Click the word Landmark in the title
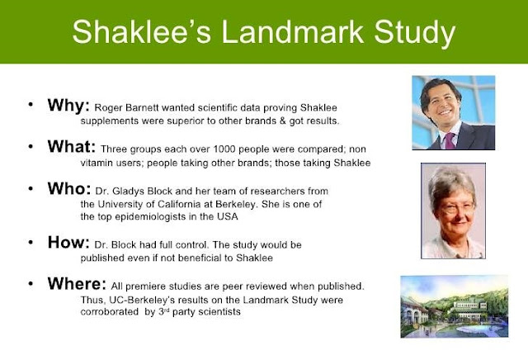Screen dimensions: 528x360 tap(293, 31)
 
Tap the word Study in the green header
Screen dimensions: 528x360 tap(414, 34)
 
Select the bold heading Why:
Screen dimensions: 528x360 tap(68, 106)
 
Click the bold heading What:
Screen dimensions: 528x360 tap(72, 147)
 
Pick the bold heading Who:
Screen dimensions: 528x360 tap(69, 189)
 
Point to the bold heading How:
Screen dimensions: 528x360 tap(68, 243)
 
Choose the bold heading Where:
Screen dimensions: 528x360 tap(77, 284)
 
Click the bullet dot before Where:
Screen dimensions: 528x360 tap(31, 284)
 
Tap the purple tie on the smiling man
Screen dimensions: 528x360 tap(450, 140)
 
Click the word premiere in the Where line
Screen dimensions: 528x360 tap(145, 287)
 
